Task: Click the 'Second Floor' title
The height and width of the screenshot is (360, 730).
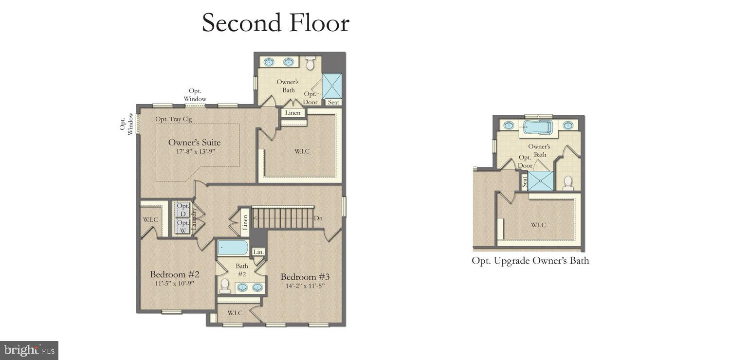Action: point(275,23)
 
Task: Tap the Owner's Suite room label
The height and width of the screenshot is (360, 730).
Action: point(194,143)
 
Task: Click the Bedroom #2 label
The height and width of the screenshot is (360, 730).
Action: point(174,274)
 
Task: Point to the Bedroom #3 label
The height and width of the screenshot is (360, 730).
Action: point(305,277)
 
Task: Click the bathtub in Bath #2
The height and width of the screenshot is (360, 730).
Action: point(233,247)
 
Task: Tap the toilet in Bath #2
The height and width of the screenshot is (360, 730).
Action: point(225,286)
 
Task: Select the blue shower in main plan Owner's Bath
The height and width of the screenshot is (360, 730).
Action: point(332,86)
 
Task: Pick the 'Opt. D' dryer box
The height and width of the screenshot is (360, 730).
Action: point(182,210)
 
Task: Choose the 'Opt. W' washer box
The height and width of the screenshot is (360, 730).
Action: point(182,227)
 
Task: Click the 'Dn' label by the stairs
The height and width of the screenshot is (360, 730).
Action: point(318,218)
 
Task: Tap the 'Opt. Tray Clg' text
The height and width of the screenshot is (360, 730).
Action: point(173,119)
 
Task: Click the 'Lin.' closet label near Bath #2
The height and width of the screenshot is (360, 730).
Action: point(258,252)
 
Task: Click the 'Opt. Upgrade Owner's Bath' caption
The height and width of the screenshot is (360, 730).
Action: point(530,261)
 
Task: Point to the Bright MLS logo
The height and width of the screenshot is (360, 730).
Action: point(29,350)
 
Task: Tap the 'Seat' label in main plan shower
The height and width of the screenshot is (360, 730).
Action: point(333,102)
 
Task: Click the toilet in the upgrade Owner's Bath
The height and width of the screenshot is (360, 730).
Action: point(567,182)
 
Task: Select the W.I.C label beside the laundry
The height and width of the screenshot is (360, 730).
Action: point(150,219)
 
